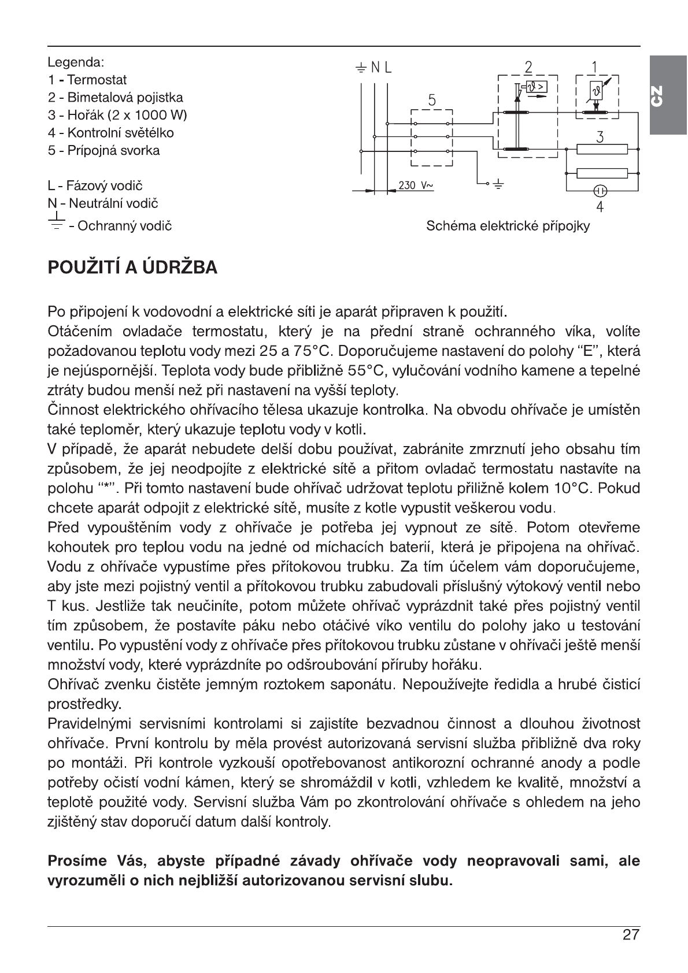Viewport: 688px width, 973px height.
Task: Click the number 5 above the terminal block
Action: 431,100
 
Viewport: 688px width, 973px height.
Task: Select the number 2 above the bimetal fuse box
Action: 528,67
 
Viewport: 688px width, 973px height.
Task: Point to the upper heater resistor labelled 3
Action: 602,150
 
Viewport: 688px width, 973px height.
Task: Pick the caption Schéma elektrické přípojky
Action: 508,226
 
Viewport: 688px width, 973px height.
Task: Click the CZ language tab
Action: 667,95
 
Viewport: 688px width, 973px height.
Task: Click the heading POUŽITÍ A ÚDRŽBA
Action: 132,268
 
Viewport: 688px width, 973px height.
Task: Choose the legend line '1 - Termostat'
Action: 87,80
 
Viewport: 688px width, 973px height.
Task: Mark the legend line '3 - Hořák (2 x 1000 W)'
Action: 117,115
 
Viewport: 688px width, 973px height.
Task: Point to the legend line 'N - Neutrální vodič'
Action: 103,203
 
